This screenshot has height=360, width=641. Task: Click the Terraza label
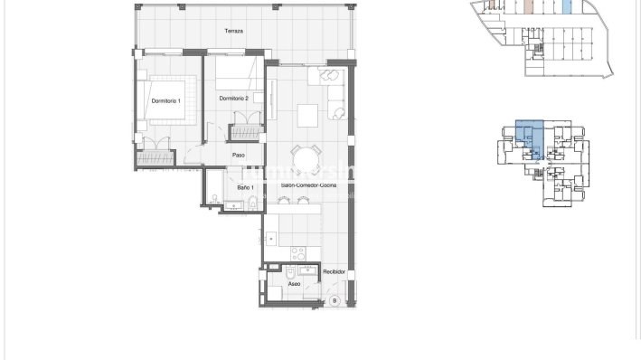[x=234, y=32]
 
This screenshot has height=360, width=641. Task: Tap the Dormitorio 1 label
[x=166, y=101]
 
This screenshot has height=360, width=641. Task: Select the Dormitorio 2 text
[x=233, y=98]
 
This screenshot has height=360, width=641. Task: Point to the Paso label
[x=239, y=155]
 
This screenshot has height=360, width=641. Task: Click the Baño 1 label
[x=245, y=188]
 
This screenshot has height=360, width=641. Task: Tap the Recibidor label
[x=335, y=270]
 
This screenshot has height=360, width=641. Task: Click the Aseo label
[x=294, y=284]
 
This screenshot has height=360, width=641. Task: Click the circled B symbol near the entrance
[x=334, y=298]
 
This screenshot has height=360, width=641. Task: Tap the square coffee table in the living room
[x=308, y=115]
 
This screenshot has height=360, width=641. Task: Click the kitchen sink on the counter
[x=271, y=239]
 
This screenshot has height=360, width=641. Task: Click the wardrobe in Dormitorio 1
[x=154, y=156]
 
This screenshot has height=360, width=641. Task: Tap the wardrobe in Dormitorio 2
[x=246, y=131]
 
